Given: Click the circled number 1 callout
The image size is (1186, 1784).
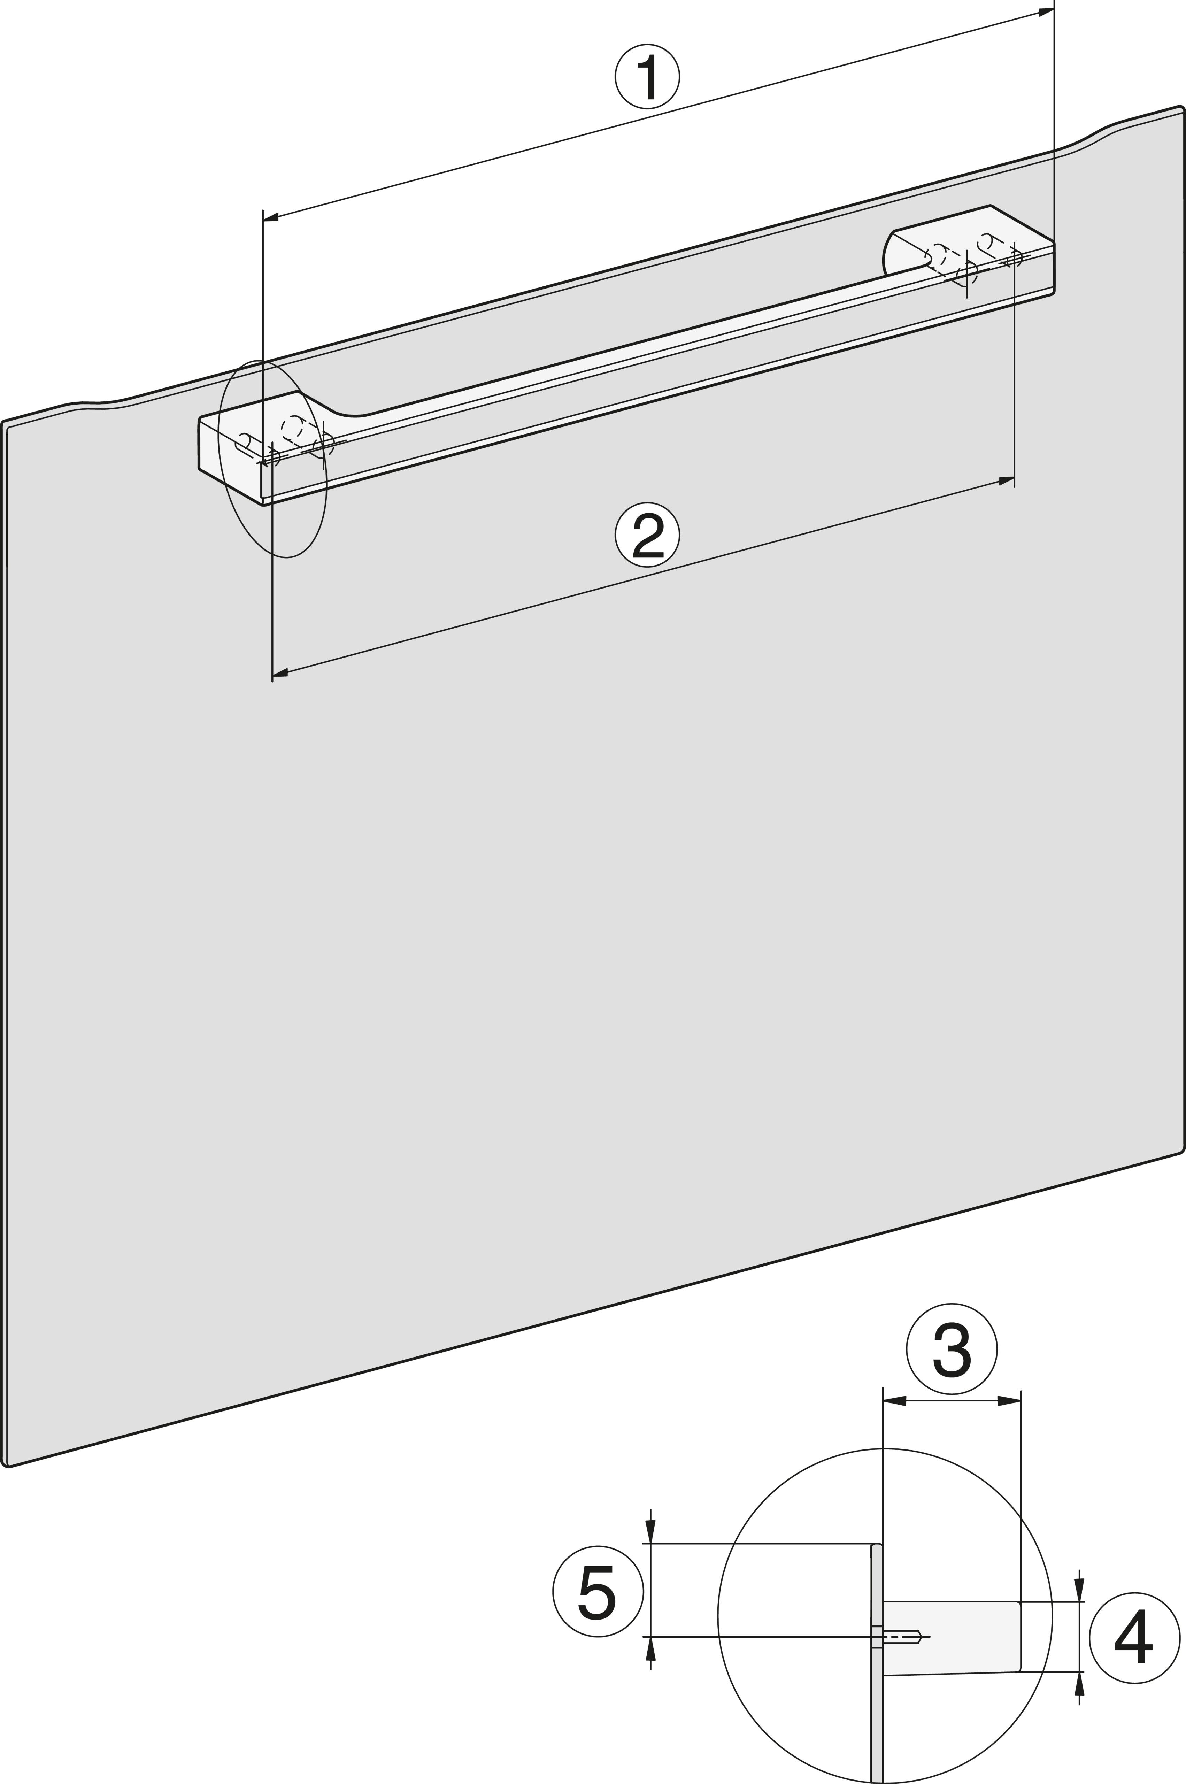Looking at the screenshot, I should pos(647,76).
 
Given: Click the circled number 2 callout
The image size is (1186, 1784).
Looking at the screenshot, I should pos(647,534).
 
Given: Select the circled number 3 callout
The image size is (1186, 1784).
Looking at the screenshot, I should pos(952,1349).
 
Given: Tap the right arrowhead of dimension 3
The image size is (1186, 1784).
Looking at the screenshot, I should pos(1009,1401).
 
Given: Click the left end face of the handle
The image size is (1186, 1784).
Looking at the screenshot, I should pos(229,461).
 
